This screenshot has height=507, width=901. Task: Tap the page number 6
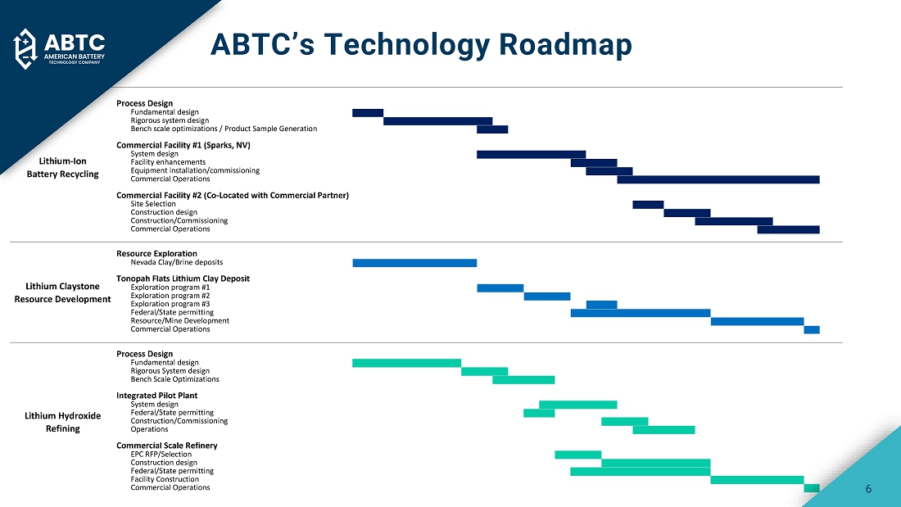[x=868, y=489]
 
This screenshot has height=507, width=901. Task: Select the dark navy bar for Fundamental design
[x=368, y=112]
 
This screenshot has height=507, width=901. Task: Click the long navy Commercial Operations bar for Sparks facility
[x=718, y=179]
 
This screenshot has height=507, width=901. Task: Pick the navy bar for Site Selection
[x=648, y=204]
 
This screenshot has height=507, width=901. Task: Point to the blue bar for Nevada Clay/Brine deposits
[x=414, y=263]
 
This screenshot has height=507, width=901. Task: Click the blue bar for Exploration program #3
[x=601, y=305]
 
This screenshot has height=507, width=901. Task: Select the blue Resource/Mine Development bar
[x=757, y=321]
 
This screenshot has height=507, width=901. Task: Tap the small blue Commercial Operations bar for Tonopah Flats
[x=811, y=329]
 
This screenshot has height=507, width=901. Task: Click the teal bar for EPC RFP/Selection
[x=577, y=455]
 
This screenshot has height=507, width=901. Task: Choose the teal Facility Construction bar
[x=757, y=479]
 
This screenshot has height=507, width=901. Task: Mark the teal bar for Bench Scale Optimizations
[x=523, y=379]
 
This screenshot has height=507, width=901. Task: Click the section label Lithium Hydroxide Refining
[x=63, y=422]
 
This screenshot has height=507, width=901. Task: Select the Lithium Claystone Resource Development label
[x=63, y=292]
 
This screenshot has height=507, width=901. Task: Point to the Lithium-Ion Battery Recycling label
[x=63, y=167]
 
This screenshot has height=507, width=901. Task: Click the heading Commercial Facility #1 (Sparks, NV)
[x=183, y=145]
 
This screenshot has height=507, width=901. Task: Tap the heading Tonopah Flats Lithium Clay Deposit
[x=183, y=278]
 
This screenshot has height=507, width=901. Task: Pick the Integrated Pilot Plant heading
[x=156, y=396]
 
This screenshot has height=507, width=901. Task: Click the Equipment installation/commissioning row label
[x=195, y=170]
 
